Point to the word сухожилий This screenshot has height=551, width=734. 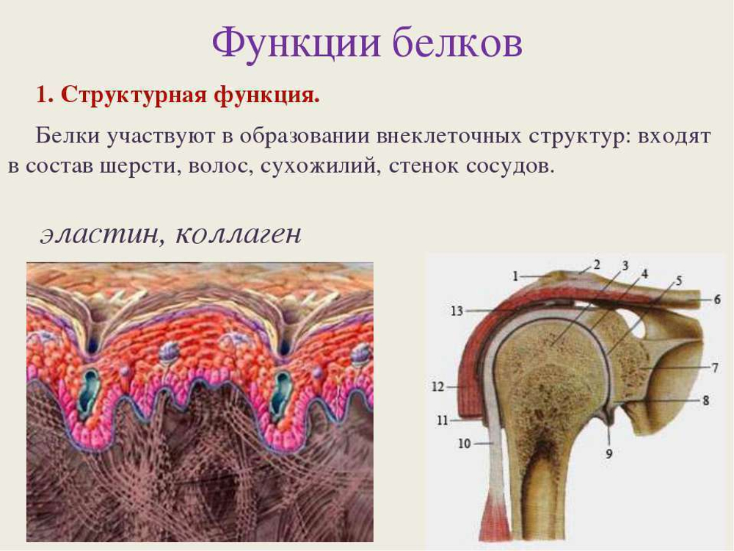coord(319,166)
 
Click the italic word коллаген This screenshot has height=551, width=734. coord(239,234)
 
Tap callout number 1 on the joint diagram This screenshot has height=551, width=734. coord(515,276)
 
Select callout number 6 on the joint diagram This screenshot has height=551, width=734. coord(716,299)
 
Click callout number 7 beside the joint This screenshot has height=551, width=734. coord(715,367)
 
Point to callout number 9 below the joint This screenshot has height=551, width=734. coord(608,453)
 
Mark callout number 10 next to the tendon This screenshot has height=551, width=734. coord(464,443)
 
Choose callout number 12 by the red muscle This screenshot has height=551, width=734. coord(437,386)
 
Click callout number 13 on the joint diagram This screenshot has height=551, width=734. coord(457,311)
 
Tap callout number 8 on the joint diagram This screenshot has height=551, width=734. coord(705,400)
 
